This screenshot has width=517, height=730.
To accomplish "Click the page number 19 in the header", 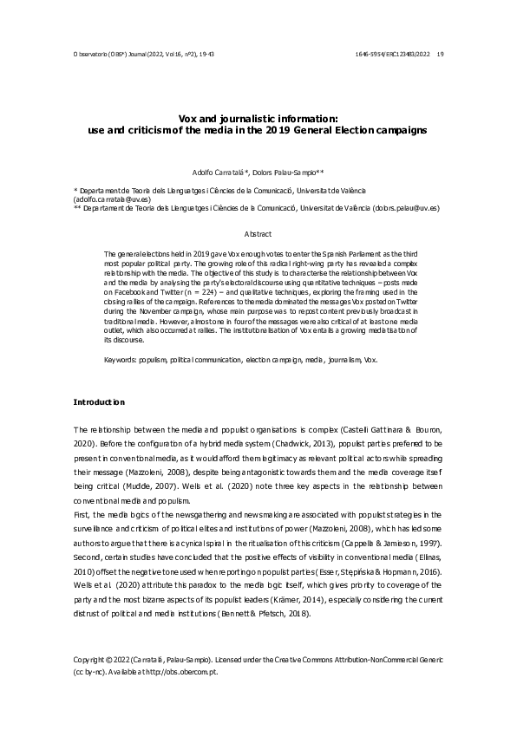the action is click(x=441, y=53).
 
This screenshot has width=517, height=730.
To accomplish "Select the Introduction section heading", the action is click(x=99, y=402).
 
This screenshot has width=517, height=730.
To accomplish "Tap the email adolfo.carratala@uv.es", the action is click(x=113, y=199).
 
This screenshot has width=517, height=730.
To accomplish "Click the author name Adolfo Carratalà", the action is click(x=219, y=172).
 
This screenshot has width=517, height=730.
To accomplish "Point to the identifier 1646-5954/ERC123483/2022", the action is click(x=389, y=53).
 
